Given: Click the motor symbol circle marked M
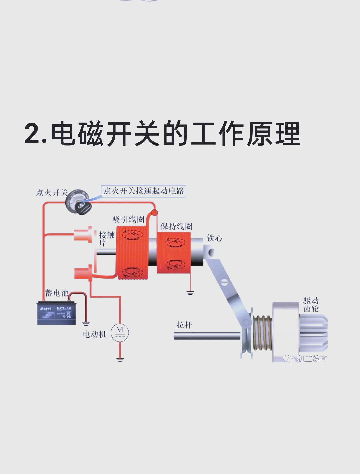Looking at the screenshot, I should point(120,332).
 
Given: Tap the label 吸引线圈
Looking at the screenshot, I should point(128,219).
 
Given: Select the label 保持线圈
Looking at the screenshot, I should point(176,227).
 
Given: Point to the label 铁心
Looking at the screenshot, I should point(214,238).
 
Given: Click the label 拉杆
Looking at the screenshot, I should point(184,325).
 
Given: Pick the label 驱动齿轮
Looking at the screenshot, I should point(311,305).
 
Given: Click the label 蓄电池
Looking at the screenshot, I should point(57,293).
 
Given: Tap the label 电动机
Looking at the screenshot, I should point(94,334).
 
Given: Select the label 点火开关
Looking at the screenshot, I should point(52,193).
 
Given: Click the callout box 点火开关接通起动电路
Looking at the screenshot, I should point(143,191).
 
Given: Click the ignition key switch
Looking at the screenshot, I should point(78,203).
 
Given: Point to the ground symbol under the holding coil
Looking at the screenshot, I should point(190,293).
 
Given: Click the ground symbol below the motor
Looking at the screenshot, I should point(120,360).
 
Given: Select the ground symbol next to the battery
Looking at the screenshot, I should point(86,323).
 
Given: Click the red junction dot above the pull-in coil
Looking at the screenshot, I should point(154,212).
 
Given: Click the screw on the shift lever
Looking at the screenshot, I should point(224,283).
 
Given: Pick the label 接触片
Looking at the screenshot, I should point(106,239).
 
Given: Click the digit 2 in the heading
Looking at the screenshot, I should point(33,134).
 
